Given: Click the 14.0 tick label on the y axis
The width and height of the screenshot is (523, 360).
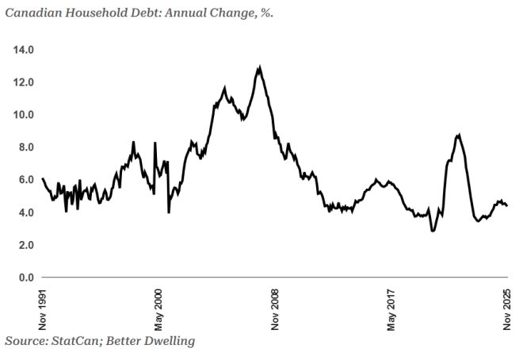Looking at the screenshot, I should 23,50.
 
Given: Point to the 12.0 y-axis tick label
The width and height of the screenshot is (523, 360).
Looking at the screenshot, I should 23,82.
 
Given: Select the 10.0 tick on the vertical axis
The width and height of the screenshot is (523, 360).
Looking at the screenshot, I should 23,115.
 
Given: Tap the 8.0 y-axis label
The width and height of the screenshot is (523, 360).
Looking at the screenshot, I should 25,147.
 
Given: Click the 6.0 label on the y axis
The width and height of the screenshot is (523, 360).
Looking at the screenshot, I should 25,180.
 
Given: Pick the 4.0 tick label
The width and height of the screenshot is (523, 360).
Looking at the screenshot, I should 25,213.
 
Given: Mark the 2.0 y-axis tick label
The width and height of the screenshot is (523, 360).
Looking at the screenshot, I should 25,245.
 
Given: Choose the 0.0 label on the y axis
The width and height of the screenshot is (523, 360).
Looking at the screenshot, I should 25,278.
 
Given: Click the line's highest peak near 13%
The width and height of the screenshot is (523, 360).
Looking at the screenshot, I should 259,67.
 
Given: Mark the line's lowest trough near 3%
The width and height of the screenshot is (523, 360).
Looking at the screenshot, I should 433,231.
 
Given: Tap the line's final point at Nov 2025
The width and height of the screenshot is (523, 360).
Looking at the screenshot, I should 507,205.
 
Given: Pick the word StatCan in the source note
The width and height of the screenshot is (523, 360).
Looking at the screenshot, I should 78,341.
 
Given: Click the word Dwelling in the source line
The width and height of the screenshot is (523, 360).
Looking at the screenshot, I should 166,341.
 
